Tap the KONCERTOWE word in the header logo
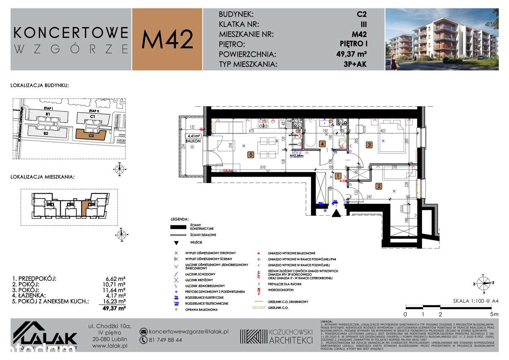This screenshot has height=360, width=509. tap(71, 32)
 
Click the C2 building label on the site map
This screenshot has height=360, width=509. tap(91, 135)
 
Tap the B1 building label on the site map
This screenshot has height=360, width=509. tap(48, 114)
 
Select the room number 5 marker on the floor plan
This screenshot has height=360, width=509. tap(251, 155)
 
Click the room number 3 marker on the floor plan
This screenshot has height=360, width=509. tap(369, 145)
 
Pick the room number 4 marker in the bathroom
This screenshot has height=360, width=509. tap(323, 144)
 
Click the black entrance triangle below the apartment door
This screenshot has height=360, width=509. tap(336, 214)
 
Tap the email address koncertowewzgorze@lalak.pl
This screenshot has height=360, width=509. tap(185, 332)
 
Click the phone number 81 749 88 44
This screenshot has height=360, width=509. tap(166, 340)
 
